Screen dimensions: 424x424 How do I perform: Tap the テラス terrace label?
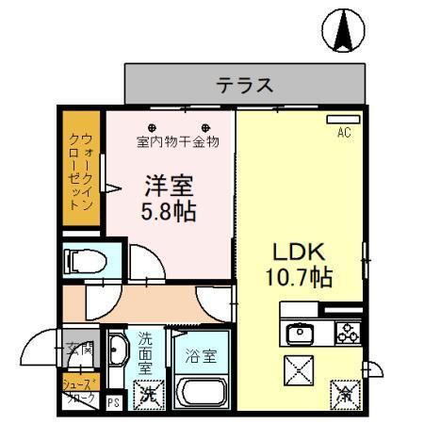(x=245, y=85)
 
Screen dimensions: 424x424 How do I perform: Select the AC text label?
(x=343, y=134)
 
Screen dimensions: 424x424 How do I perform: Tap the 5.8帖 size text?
(x=169, y=210)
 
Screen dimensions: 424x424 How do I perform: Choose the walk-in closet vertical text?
(x=81, y=170)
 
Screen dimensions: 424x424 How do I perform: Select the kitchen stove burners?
(x=345, y=332)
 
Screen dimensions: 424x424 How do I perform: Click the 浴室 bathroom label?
(x=200, y=357)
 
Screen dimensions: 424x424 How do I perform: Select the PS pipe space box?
(x=113, y=403)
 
